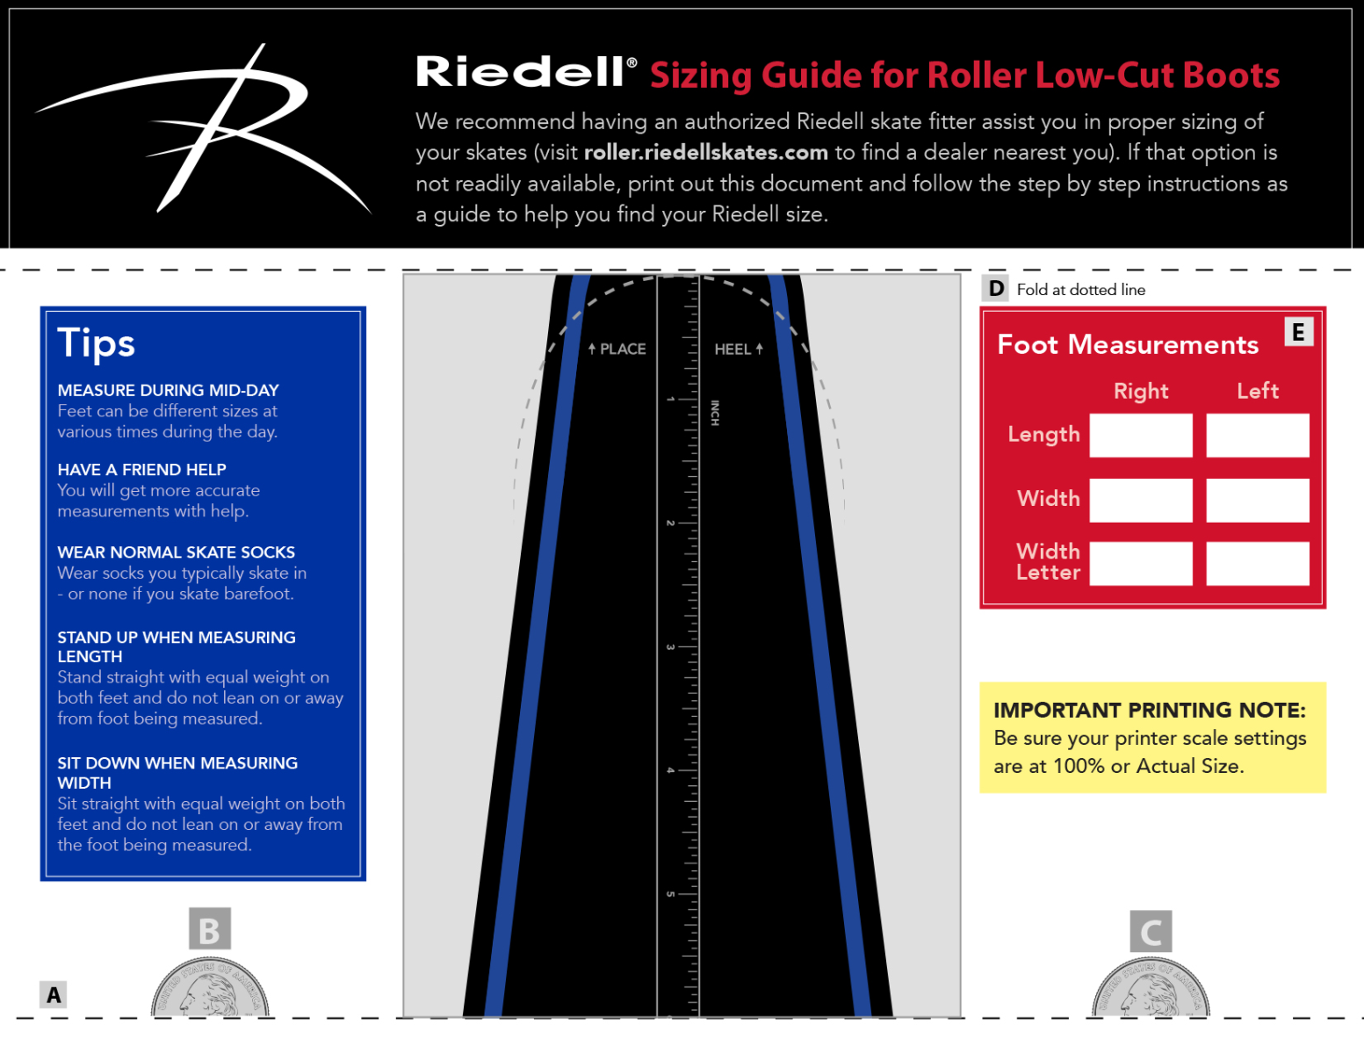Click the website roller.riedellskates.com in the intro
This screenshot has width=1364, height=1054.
[x=705, y=153]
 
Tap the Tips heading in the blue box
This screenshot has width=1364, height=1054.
[x=96, y=343]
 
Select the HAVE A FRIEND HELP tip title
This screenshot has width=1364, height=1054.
[x=141, y=470]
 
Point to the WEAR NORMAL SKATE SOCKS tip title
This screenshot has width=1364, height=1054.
[x=176, y=552]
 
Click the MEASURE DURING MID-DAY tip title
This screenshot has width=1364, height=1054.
[x=168, y=390]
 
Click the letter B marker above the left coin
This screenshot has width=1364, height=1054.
[x=210, y=929]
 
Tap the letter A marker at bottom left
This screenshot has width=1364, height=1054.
[x=54, y=994]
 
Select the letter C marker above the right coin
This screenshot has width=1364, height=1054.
[x=1151, y=931]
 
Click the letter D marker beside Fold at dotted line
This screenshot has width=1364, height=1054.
[x=996, y=289]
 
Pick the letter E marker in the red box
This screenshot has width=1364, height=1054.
[x=1298, y=332]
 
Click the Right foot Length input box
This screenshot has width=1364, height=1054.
[x=1140, y=436]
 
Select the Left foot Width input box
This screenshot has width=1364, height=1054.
[x=1257, y=500]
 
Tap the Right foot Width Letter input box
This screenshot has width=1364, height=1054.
[x=1140, y=563]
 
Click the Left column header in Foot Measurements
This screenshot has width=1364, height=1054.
[x=1257, y=391]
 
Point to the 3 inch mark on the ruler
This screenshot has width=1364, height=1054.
[x=671, y=647]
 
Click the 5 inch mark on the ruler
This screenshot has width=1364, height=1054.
[x=671, y=894]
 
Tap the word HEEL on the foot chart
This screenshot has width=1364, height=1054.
[x=733, y=350]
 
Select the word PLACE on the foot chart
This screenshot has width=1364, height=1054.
[x=623, y=350]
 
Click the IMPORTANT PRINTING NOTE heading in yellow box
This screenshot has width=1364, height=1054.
[x=1149, y=710]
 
